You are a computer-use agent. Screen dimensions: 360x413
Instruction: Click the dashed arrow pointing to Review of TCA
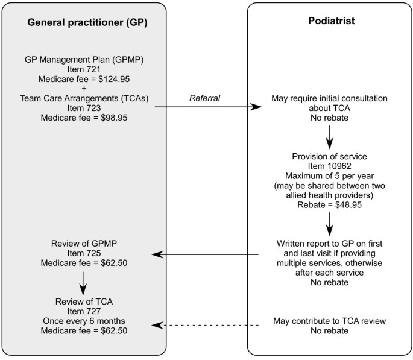(x=205, y=326)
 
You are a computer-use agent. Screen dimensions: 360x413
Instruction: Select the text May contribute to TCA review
(x=329, y=321)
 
